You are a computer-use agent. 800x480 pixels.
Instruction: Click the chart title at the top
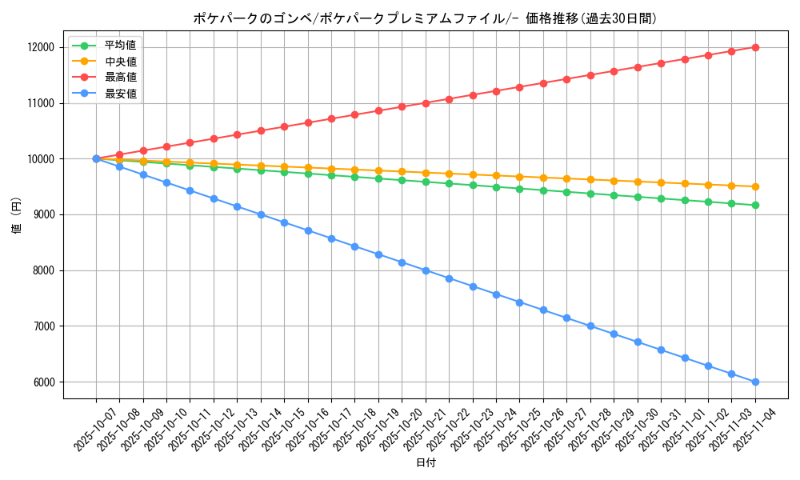coord(425,18)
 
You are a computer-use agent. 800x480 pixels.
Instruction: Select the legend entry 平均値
coord(120,45)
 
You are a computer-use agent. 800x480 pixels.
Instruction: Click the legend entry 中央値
coord(120,62)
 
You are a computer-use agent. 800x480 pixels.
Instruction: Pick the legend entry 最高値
coord(120,78)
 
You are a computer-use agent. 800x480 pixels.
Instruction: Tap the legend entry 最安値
coord(120,94)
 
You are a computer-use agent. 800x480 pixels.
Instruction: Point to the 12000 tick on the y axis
coord(40,47)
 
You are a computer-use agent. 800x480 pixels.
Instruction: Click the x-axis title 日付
coord(426,463)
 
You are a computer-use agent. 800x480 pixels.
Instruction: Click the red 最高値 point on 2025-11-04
coord(755,47)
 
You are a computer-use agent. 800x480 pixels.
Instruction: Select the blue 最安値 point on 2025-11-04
coord(755,382)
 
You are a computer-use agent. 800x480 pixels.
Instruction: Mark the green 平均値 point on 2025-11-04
coord(755,206)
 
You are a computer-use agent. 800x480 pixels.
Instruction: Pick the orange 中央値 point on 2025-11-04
coord(755,186)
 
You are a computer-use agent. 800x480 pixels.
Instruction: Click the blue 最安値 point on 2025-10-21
coord(426,270)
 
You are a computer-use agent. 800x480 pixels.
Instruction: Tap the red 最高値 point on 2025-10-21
coord(426,103)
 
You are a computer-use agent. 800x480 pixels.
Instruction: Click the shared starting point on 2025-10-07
coord(96,158)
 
